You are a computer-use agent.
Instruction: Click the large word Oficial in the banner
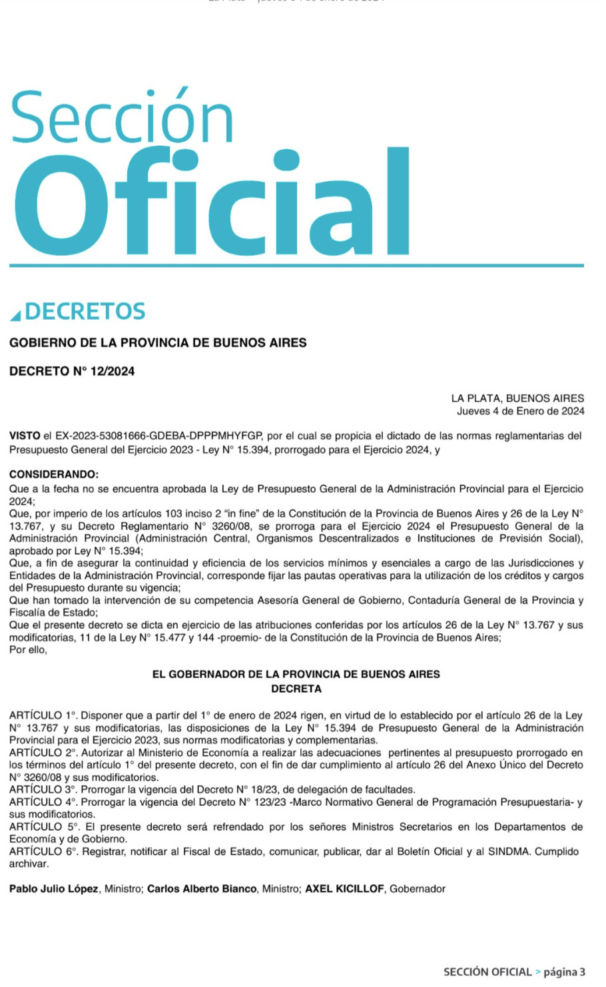point(212,200)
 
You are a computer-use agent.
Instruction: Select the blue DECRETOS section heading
point(85,311)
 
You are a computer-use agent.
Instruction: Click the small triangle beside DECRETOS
point(15,314)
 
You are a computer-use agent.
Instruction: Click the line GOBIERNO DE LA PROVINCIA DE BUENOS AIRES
point(158,343)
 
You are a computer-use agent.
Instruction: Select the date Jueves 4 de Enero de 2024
point(520,411)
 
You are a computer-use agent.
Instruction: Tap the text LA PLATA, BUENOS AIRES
point(517,398)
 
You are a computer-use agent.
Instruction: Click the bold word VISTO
point(25,436)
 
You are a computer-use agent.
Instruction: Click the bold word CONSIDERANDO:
point(54,475)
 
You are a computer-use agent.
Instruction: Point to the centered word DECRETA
point(296,689)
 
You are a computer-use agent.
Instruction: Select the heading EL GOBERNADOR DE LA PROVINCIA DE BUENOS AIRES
point(296,674)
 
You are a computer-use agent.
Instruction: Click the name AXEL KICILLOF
point(345,889)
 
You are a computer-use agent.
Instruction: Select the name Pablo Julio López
point(54,889)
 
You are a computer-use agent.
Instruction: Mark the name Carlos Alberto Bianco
point(202,889)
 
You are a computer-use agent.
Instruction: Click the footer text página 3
point(565,972)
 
